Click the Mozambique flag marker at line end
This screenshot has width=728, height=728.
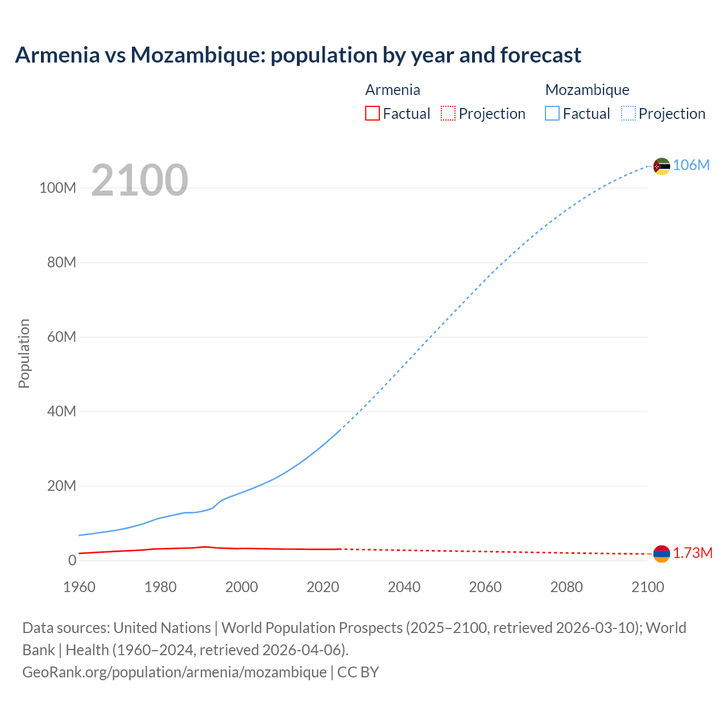pyautogui.click(x=661, y=166)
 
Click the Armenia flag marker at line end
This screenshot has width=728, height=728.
pyautogui.click(x=661, y=553)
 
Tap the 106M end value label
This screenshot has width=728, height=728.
pyautogui.click(x=691, y=166)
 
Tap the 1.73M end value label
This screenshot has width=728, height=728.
pyautogui.click(x=693, y=553)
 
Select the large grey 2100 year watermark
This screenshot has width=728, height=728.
pyautogui.click(x=139, y=180)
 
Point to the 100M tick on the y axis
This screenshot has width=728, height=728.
pyautogui.click(x=57, y=188)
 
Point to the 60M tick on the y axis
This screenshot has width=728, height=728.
pyautogui.click(x=61, y=337)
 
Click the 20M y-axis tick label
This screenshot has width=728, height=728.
pyautogui.click(x=61, y=486)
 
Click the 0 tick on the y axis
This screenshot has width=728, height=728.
pyautogui.click(x=72, y=561)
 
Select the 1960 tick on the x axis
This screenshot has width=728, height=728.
pyautogui.click(x=79, y=587)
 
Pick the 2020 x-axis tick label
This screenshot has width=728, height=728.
pyautogui.click(x=322, y=587)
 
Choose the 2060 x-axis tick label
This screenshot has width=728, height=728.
pyautogui.click(x=485, y=587)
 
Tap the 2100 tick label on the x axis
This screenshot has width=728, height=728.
pyautogui.click(x=647, y=587)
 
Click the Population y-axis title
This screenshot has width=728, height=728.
pyautogui.click(x=24, y=353)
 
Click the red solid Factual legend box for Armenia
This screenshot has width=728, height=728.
pyautogui.click(x=372, y=114)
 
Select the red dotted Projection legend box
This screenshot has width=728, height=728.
pyautogui.click(x=448, y=114)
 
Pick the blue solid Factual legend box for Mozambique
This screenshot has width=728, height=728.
pyautogui.click(x=552, y=114)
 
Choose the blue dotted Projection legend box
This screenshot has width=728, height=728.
pyautogui.click(x=628, y=114)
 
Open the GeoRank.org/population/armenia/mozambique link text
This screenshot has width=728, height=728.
pyautogui.click(x=174, y=672)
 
